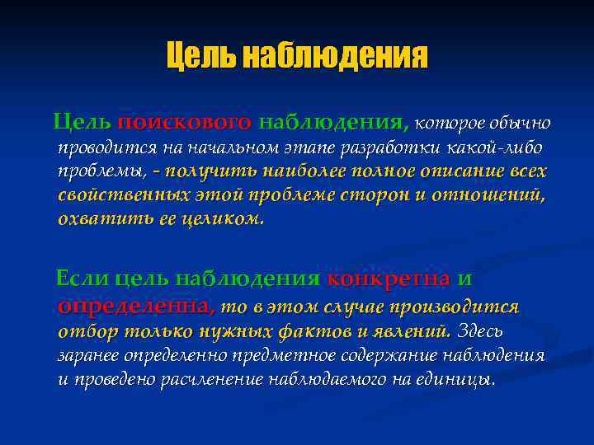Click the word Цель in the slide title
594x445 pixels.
pyautogui.click(x=194, y=56)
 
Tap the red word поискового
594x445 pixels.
pyautogui.click(x=185, y=123)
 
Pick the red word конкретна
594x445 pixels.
pyautogui.click(x=388, y=279)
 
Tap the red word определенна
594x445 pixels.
pyautogui.click(x=137, y=307)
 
